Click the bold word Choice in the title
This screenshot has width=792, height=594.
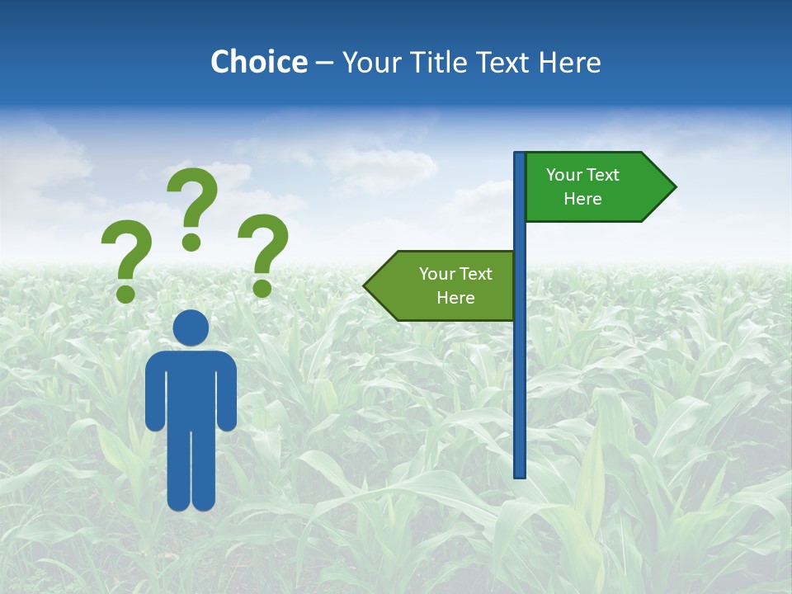258,62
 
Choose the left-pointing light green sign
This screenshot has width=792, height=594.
445,285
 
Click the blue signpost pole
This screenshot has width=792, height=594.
520,371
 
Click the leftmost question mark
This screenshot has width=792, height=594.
125,256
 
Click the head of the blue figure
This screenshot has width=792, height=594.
191,328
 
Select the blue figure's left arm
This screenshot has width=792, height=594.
155,392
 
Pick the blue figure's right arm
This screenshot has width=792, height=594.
227,392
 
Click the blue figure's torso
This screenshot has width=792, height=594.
191,388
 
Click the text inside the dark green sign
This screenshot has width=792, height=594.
582,186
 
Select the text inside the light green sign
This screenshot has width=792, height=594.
455,285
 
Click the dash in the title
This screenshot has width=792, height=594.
324,63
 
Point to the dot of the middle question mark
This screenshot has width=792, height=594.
191,242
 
